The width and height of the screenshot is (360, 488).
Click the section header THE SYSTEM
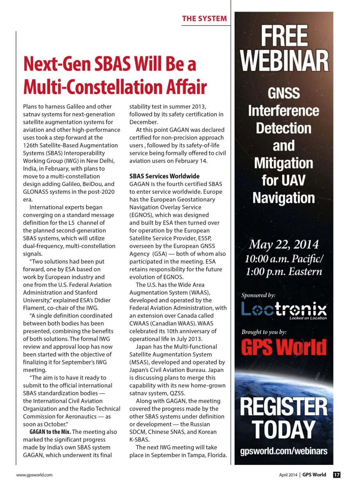coord(204,19)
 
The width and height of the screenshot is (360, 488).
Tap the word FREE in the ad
coord(284,36)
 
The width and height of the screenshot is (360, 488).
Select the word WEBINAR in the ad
coord(284,61)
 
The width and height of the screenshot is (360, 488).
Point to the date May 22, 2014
coord(283,244)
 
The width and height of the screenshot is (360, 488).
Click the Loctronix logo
coord(284,310)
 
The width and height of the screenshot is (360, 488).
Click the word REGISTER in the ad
coord(283,407)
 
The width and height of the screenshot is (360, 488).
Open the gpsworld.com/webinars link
coord(283,451)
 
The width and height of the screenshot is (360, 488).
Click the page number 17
coord(337,474)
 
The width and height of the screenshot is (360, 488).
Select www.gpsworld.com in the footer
coord(34,475)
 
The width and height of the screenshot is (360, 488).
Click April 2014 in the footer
coord(288,475)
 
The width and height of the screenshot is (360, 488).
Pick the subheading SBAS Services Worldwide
coord(164,176)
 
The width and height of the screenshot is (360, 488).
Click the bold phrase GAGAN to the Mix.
coord(50,432)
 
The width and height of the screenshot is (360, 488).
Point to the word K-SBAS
coord(139,440)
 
